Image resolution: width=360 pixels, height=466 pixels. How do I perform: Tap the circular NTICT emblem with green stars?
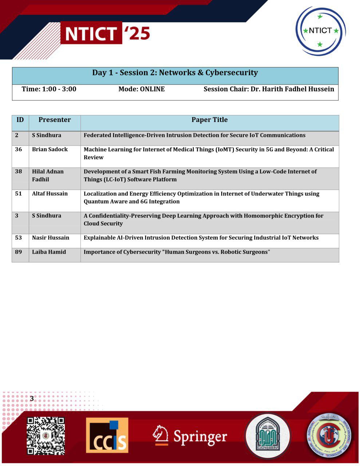coord(320,31)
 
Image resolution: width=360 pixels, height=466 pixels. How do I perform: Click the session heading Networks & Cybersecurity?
coord(175,73)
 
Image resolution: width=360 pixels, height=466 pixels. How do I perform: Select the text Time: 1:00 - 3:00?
coord(49,89)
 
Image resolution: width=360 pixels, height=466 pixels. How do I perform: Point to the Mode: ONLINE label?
coord(142,89)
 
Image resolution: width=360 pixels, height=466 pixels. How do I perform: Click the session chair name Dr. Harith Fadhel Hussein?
coord(269,89)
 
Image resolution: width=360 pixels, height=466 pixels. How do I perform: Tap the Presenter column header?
coord(55,120)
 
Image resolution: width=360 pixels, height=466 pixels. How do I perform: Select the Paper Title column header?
coord(210,120)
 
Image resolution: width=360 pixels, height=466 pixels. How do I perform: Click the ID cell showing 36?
coord(19,149)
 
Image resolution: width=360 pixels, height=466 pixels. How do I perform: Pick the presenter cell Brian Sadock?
coord(50,149)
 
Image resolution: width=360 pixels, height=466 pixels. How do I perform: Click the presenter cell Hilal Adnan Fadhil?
coord(48,175)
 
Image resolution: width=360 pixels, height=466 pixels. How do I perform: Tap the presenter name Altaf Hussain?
coord(50,194)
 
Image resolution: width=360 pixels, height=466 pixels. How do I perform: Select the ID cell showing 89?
coord(19,252)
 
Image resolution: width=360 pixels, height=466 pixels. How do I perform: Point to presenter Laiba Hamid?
coord(49,252)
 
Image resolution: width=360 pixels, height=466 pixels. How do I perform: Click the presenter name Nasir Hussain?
coord(51,238)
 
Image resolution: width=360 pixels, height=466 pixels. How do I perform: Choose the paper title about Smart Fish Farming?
coord(200,175)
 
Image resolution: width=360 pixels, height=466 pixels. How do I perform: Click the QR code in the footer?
coord(46,436)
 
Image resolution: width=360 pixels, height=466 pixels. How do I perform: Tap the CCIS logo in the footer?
coord(107,435)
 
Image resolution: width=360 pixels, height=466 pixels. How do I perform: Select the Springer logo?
coord(190,436)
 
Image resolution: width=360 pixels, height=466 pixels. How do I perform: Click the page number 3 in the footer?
coord(32,399)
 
